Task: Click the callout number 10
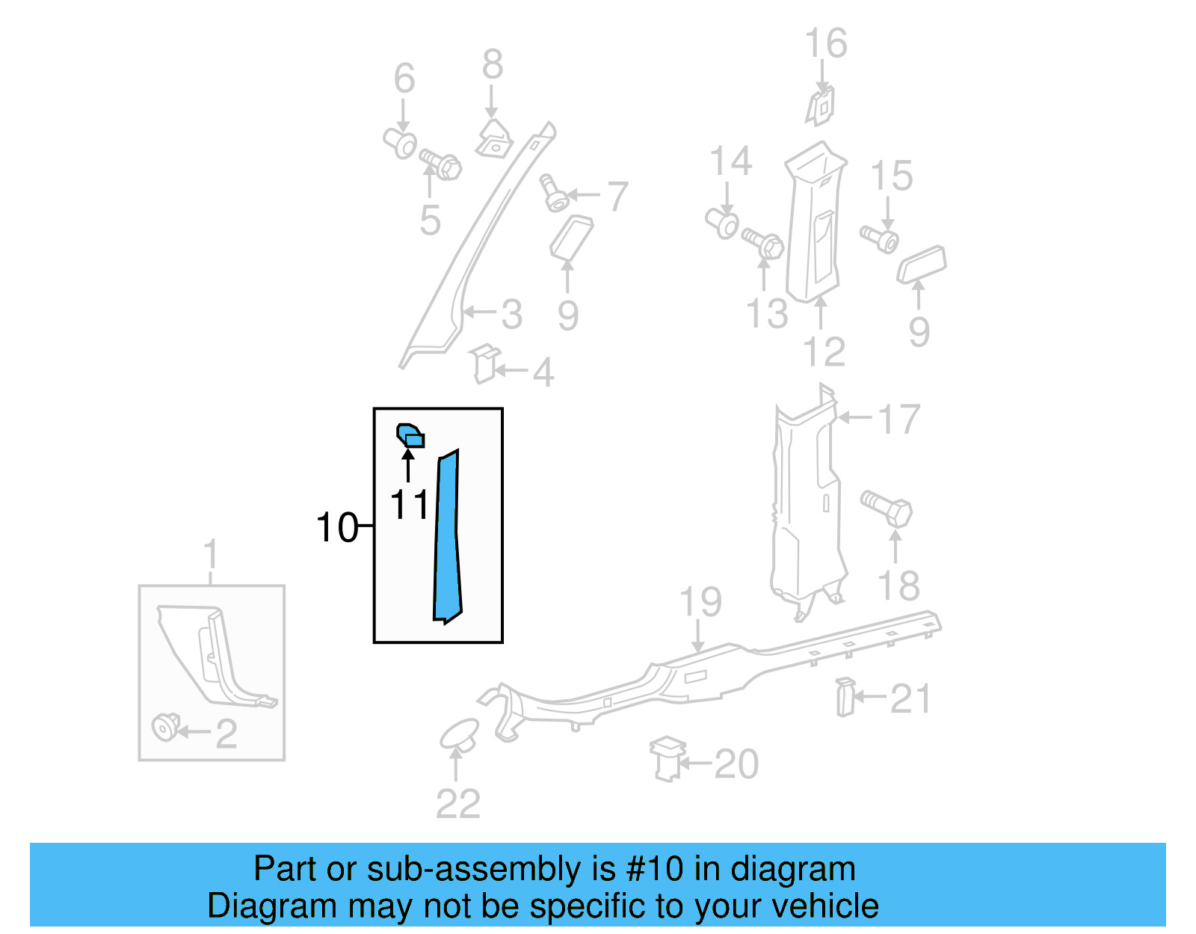(337, 528)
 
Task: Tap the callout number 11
(410, 506)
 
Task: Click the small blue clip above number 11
(410, 434)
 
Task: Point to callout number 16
(825, 43)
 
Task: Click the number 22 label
(457, 804)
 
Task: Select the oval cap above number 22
(459, 734)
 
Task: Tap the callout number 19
(700, 602)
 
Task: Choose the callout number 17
(898, 420)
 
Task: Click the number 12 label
(824, 351)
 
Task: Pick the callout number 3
(511, 314)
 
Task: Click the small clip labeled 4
(484, 363)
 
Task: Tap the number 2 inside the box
(226, 734)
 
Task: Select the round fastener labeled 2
(165, 727)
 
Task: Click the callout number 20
(736, 764)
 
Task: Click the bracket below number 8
(493, 140)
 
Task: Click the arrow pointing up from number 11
(408, 465)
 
